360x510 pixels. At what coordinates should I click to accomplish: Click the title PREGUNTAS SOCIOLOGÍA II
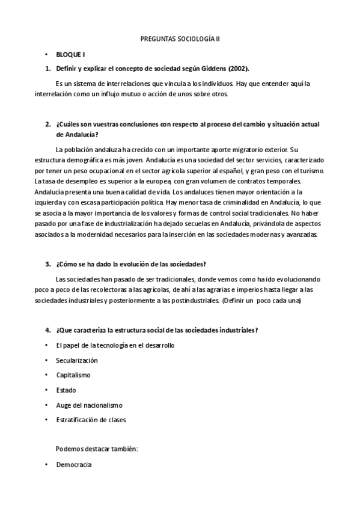[x=180, y=38]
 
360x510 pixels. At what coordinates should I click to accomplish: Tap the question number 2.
[x=47, y=124]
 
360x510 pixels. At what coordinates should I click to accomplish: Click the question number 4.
[x=47, y=330]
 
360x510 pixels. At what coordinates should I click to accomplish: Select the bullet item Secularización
[x=76, y=360]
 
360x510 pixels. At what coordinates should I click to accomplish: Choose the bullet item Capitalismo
[x=73, y=375]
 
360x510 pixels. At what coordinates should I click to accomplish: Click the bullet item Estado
[x=66, y=390]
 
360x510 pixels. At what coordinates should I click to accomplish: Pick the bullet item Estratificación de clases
[x=91, y=420]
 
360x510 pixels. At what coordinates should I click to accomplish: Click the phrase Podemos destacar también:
[x=97, y=449]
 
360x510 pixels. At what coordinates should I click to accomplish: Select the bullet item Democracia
[x=73, y=465]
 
